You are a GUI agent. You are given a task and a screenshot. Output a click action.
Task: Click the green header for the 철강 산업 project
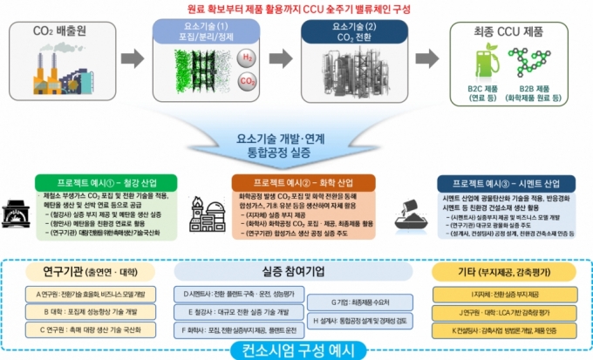[x=111, y=184]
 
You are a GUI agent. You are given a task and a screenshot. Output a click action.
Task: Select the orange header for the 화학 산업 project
[x=297, y=184]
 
